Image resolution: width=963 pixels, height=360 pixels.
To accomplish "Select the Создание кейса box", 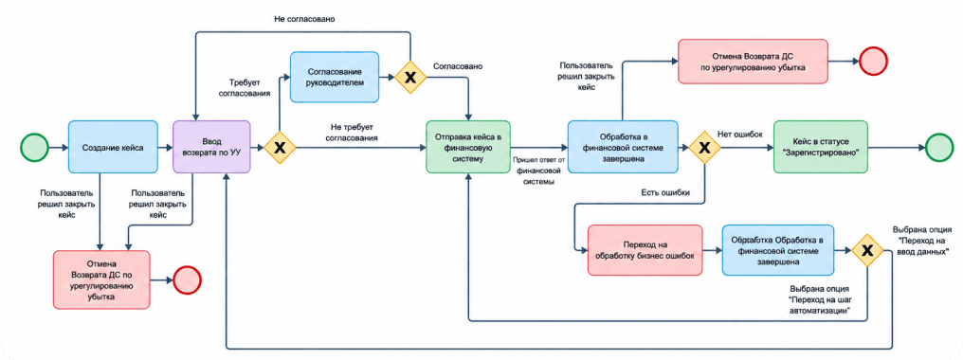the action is pyautogui.click(x=114, y=148).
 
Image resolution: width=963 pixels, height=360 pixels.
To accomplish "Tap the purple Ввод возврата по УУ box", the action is pyautogui.click(x=212, y=148).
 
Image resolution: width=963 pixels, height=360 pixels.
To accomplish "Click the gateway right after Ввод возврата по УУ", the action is pyautogui.click(x=280, y=148).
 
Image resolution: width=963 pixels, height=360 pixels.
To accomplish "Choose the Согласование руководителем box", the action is pyautogui.click(x=335, y=77).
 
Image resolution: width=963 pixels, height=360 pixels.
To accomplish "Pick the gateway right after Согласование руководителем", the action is pyautogui.click(x=410, y=78).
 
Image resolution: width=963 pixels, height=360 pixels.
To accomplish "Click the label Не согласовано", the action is pyautogui.click(x=303, y=18).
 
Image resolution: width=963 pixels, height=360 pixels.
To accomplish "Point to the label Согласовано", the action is pyautogui.click(x=458, y=65).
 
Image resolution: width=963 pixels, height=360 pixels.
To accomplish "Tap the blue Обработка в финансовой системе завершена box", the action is pyautogui.click(x=623, y=148).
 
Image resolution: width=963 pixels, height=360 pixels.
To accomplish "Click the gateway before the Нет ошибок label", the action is pyautogui.click(x=704, y=148).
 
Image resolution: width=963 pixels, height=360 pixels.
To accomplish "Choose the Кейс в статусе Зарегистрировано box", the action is pyautogui.click(x=821, y=148).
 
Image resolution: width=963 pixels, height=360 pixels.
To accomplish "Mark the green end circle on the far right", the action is pyautogui.click(x=939, y=148).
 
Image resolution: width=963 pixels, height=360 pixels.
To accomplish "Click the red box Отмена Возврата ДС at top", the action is pyautogui.click(x=753, y=62).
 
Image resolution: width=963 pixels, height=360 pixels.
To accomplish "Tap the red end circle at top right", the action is pyautogui.click(x=874, y=62).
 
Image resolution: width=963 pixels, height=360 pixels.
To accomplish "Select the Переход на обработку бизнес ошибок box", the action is pyautogui.click(x=645, y=250).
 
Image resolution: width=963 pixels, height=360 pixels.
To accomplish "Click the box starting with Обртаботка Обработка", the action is pyautogui.click(x=778, y=250).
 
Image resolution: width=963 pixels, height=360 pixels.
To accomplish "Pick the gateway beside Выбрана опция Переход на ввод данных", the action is pyautogui.click(x=867, y=250).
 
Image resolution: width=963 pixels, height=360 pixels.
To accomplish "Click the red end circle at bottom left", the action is pyautogui.click(x=188, y=280).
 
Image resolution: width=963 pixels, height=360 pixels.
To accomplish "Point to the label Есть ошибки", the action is pyautogui.click(x=664, y=192).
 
